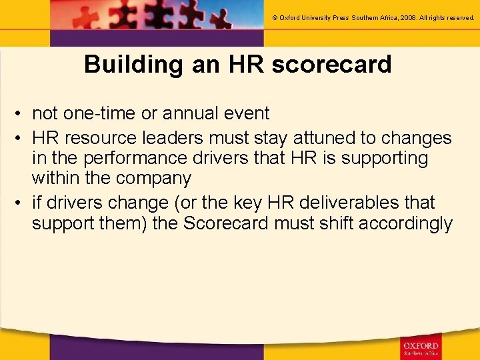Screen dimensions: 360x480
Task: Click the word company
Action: (x=153, y=179)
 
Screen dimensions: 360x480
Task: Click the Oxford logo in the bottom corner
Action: (x=420, y=345)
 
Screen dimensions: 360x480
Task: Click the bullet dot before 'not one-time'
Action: (x=20, y=114)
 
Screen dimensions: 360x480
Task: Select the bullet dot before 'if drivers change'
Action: (x=20, y=203)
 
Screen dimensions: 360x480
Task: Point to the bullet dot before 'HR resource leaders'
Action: (x=20, y=139)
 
